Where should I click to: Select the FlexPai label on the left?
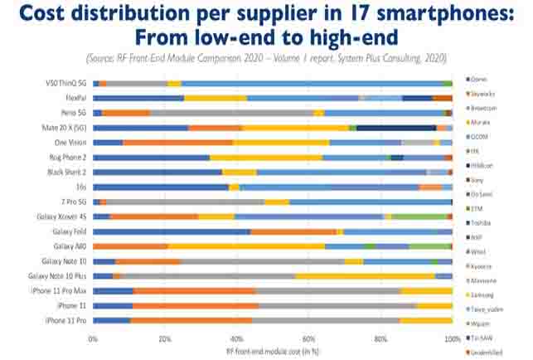[74, 98]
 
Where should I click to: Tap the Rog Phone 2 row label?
[68, 157]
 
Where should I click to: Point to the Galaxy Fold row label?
[69, 231]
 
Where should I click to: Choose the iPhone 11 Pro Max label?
[61, 291]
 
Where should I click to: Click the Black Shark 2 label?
[66, 172]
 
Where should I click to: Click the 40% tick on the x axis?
[236, 340]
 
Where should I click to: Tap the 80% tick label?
[380, 340]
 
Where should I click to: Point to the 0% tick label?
[93, 340]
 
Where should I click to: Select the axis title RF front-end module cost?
[273, 351]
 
